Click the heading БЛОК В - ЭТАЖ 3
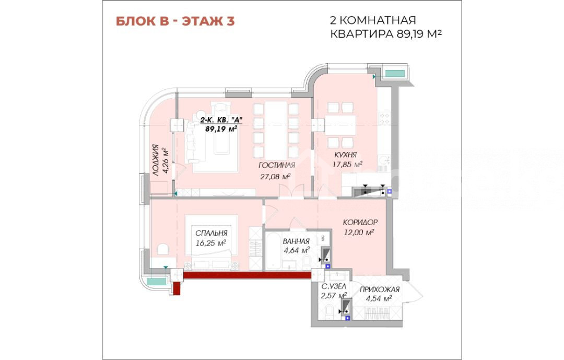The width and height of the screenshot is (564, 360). pyautogui.click(x=175, y=21)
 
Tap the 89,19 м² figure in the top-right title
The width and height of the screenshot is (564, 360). pyautogui.click(x=419, y=34)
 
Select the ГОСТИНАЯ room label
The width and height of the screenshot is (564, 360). pyautogui.click(x=277, y=165)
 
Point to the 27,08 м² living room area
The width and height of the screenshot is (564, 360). pyautogui.click(x=275, y=177)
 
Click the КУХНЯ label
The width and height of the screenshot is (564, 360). pyautogui.click(x=345, y=155)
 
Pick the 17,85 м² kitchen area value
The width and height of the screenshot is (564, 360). pyautogui.click(x=347, y=165)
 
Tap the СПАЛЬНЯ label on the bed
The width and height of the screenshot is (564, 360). pyautogui.click(x=211, y=233)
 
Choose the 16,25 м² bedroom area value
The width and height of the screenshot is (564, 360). pyautogui.click(x=211, y=243)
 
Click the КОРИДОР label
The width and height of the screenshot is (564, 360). pyautogui.click(x=360, y=223)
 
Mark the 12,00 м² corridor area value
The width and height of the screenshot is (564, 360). pyautogui.click(x=359, y=232)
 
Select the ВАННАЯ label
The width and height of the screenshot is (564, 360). pyautogui.click(x=296, y=241)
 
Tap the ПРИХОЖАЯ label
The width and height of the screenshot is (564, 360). pyautogui.click(x=380, y=289)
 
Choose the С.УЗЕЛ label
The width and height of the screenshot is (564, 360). pyautogui.click(x=333, y=286)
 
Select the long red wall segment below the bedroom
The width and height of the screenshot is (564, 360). pyautogui.click(x=247, y=275)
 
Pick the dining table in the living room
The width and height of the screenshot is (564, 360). pyautogui.click(x=276, y=130)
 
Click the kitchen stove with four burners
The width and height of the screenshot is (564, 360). pyautogui.click(x=384, y=118)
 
